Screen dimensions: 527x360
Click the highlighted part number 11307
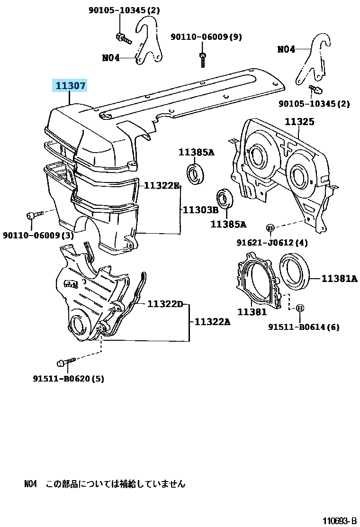pos(70,86)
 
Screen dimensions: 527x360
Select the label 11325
pos(299,122)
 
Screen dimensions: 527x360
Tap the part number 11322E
pos(162,185)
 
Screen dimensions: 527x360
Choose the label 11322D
pos(164,304)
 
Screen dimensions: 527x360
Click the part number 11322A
pos(212,322)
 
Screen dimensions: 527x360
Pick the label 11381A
pos(339,279)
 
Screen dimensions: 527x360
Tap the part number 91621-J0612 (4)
pos(272,243)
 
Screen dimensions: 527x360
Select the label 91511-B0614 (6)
pos(303,327)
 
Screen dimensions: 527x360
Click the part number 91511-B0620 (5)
pos(69,378)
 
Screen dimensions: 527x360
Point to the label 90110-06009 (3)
pos(38,235)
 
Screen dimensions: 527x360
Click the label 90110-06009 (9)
pos(206,36)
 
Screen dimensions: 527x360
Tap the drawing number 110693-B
pos(339,521)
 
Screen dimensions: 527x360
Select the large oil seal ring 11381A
pos(296,271)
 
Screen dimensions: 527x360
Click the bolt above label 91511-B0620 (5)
pos(65,363)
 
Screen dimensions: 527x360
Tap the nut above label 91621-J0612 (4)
pos(270,229)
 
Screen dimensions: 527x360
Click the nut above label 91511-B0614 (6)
pos(300,309)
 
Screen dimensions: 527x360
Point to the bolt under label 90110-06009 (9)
pos(202,59)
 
